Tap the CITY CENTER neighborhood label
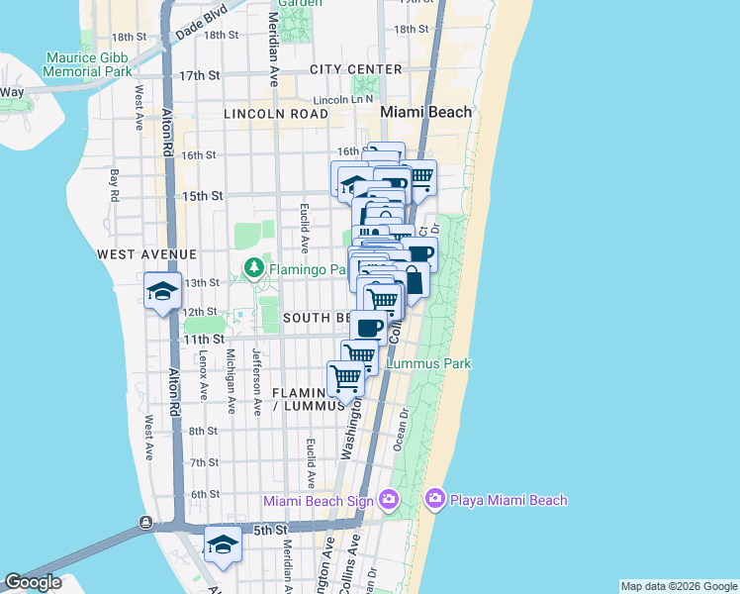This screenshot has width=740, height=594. click(356, 69)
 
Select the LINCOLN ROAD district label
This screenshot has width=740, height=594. click(275, 114)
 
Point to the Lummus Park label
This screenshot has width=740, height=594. click(428, 364)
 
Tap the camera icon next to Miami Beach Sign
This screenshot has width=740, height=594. click(388, 500)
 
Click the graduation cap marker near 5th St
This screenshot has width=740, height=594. click(223, 544)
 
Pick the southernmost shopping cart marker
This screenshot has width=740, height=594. click(345, 376)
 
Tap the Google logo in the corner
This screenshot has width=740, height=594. click(33, 582)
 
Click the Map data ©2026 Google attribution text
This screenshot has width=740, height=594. click(678, 586)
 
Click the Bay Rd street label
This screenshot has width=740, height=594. click(115, 185)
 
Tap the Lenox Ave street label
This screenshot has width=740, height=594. click(204, 374)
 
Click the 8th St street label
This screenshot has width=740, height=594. click(203, 431)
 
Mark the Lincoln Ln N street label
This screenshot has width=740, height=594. click(342, 100)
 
